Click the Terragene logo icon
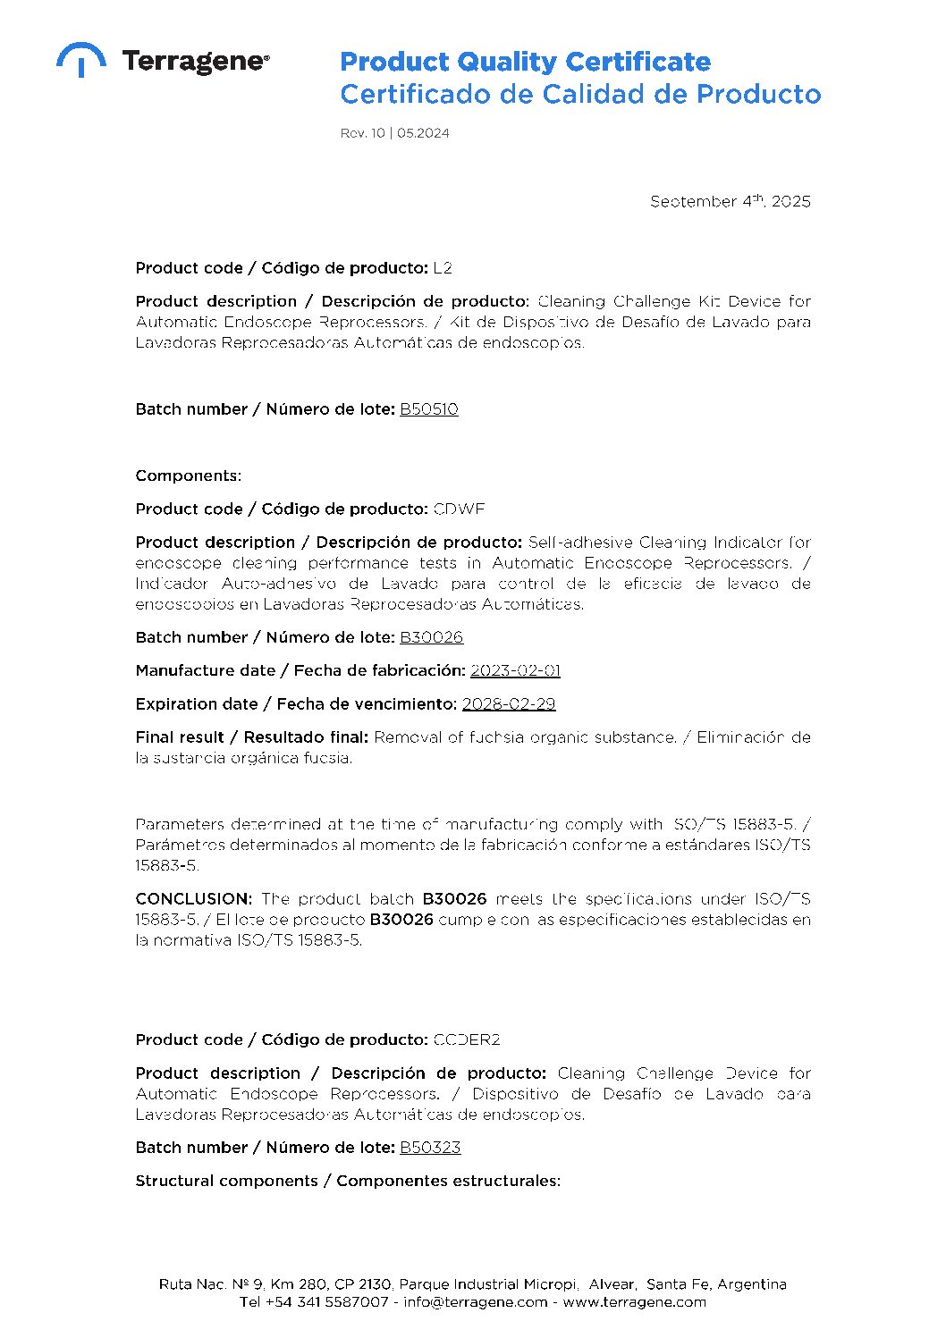tap(80, 59)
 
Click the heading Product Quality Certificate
tap(525, 63)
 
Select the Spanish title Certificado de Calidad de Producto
tap(580, 94)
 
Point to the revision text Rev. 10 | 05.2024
tap(394, 133)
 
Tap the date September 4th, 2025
tap(730, 202)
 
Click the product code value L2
tap(443, 268)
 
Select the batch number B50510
tap(429, 409)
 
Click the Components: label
tap(188, 475)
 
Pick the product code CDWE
tap(459, 509)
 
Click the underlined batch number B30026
tap(431, 637)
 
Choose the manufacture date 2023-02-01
tap(515, 670)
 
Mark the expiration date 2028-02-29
tap(508, 704)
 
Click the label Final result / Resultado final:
tap(251, 737)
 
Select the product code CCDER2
tap(466, 1040)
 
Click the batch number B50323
tap(430, 1148)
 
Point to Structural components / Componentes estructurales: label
tap(348, 1181)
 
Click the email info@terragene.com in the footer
tap(475, 1302)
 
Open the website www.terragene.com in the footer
tap(634, 1302)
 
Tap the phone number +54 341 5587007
tap(326, 1302)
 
